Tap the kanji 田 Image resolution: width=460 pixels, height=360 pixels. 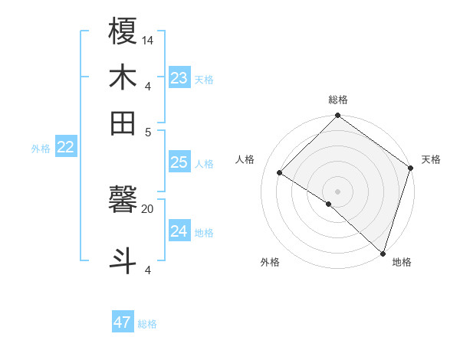tap(123, 123)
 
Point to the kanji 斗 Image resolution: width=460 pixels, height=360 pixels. tap(123, 259)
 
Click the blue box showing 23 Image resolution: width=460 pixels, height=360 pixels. tap(179, 78)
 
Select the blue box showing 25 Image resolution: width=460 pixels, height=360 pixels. tap(179, 162)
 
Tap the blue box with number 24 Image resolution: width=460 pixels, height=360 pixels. tap(179, 231)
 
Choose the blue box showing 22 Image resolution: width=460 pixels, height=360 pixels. tap(66, 148)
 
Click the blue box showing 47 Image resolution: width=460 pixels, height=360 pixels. tap(123, 322)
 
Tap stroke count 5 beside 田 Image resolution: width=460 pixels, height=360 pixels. tap(148, 131)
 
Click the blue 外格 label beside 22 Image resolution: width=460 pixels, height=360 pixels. tap(41, 149)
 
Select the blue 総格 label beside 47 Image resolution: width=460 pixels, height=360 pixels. tap(147, 324)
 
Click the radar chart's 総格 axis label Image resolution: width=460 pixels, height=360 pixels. tap(338, 100)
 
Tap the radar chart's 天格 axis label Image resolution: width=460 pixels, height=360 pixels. tap(431, 159)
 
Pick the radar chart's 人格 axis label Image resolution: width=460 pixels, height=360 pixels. tap(245, 159)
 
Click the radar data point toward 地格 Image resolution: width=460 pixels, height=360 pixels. tap(383, 252)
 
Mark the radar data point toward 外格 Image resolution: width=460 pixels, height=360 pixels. tap(329, 204)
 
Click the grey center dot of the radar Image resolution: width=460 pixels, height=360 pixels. tap(338, 191)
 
